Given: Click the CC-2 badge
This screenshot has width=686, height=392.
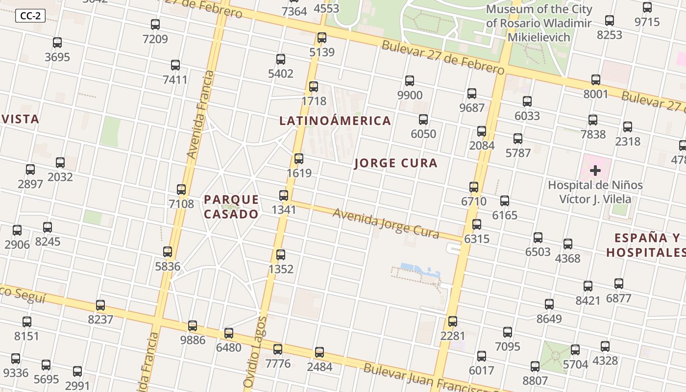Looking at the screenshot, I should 30,16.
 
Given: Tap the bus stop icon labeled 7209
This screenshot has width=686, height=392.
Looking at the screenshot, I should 155,24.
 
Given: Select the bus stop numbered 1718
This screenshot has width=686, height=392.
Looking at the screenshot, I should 314,87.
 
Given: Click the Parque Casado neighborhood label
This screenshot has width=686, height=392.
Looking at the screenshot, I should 231,207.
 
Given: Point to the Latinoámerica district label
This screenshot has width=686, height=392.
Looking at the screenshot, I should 335,121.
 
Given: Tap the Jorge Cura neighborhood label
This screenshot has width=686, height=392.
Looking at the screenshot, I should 395,163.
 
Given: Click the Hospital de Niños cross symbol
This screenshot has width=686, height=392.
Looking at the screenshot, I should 595,171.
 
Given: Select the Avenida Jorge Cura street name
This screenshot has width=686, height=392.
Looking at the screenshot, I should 386,223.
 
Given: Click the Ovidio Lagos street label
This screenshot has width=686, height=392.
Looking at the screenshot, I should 256,352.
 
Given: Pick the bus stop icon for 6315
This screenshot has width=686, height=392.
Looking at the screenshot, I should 477,224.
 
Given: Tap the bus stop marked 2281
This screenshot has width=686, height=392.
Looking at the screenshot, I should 453,321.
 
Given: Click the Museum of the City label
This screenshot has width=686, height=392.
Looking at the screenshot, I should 539,23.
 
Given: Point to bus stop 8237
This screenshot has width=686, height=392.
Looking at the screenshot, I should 100,305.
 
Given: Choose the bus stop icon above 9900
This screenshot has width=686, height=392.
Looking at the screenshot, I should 410,81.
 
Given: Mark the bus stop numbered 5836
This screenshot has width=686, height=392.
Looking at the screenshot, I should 168,252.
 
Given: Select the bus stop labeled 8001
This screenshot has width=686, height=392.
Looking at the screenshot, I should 596,79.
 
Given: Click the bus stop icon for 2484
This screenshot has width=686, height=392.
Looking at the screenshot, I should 319,352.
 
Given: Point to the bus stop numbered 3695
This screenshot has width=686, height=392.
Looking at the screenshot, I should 57,43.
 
